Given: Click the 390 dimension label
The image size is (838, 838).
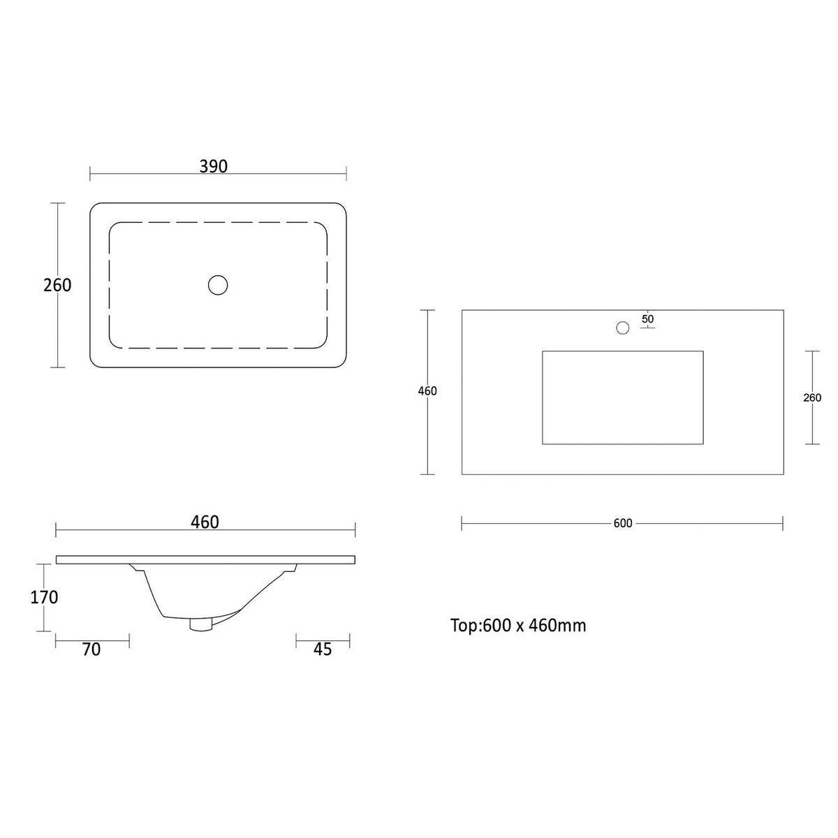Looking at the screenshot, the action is [213, 166].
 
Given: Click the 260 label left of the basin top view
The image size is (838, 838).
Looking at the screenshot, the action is [57, 285].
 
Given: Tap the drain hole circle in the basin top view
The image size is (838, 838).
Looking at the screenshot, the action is [218, 285].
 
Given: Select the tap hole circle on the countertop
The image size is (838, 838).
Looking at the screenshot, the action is [623, 328].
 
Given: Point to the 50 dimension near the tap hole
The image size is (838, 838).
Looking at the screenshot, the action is [647, 318].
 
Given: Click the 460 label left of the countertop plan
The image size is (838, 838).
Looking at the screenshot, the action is [427, 391].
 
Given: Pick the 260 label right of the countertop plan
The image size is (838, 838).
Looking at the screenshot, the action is [812, 397].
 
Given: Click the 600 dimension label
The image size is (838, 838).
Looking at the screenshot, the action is [623, 524].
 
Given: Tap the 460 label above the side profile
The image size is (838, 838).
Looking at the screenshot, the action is [205, 522].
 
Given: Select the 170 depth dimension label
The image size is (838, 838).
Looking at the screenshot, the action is [44, 597].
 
